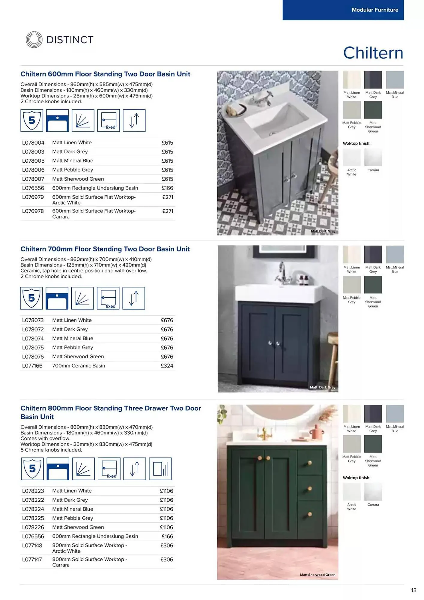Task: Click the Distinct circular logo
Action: pos(34,40)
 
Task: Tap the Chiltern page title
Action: pos(373,53)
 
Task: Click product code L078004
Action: pos(33,142)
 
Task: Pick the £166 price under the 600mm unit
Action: pos(167,188)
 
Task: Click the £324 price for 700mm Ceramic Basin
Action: pos(167,366)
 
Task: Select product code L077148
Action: pos(32,545)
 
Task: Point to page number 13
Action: pos(414,590)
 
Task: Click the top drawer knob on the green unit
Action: pos(310,463)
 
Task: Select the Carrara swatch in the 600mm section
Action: pos(373,157)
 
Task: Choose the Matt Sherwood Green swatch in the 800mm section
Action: pos(373,444)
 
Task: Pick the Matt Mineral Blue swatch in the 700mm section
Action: pos(395,254)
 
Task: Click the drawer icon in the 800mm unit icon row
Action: pos(160,469)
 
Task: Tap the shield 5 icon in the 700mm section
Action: pos(31,298)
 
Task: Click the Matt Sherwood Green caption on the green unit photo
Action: pos(318,575)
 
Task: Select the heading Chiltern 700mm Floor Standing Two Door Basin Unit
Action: pos(105,249)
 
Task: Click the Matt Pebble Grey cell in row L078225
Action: pos(73,518)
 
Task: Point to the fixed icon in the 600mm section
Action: pos(109,121)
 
